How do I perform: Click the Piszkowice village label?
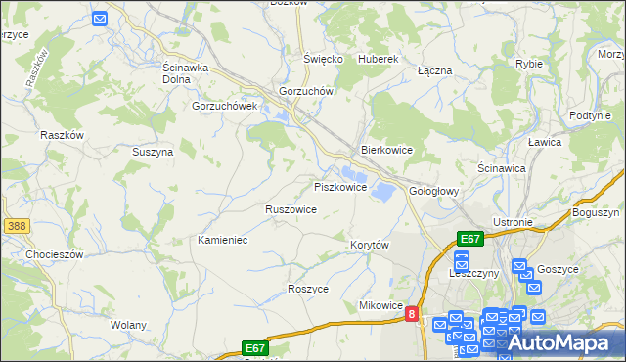[340, 186]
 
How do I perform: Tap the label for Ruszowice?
[291, 209]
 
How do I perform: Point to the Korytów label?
[371, 244]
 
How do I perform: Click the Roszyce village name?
[308, 289]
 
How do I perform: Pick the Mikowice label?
[381, 305]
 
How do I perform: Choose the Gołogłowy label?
[434, 191]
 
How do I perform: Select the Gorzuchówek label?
[224, 106]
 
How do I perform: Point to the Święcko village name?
[323, 59]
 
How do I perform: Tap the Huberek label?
[379, 59]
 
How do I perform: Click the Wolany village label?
[129, 324]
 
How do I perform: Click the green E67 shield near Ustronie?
[470, 239]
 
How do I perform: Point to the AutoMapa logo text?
[563, 343]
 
